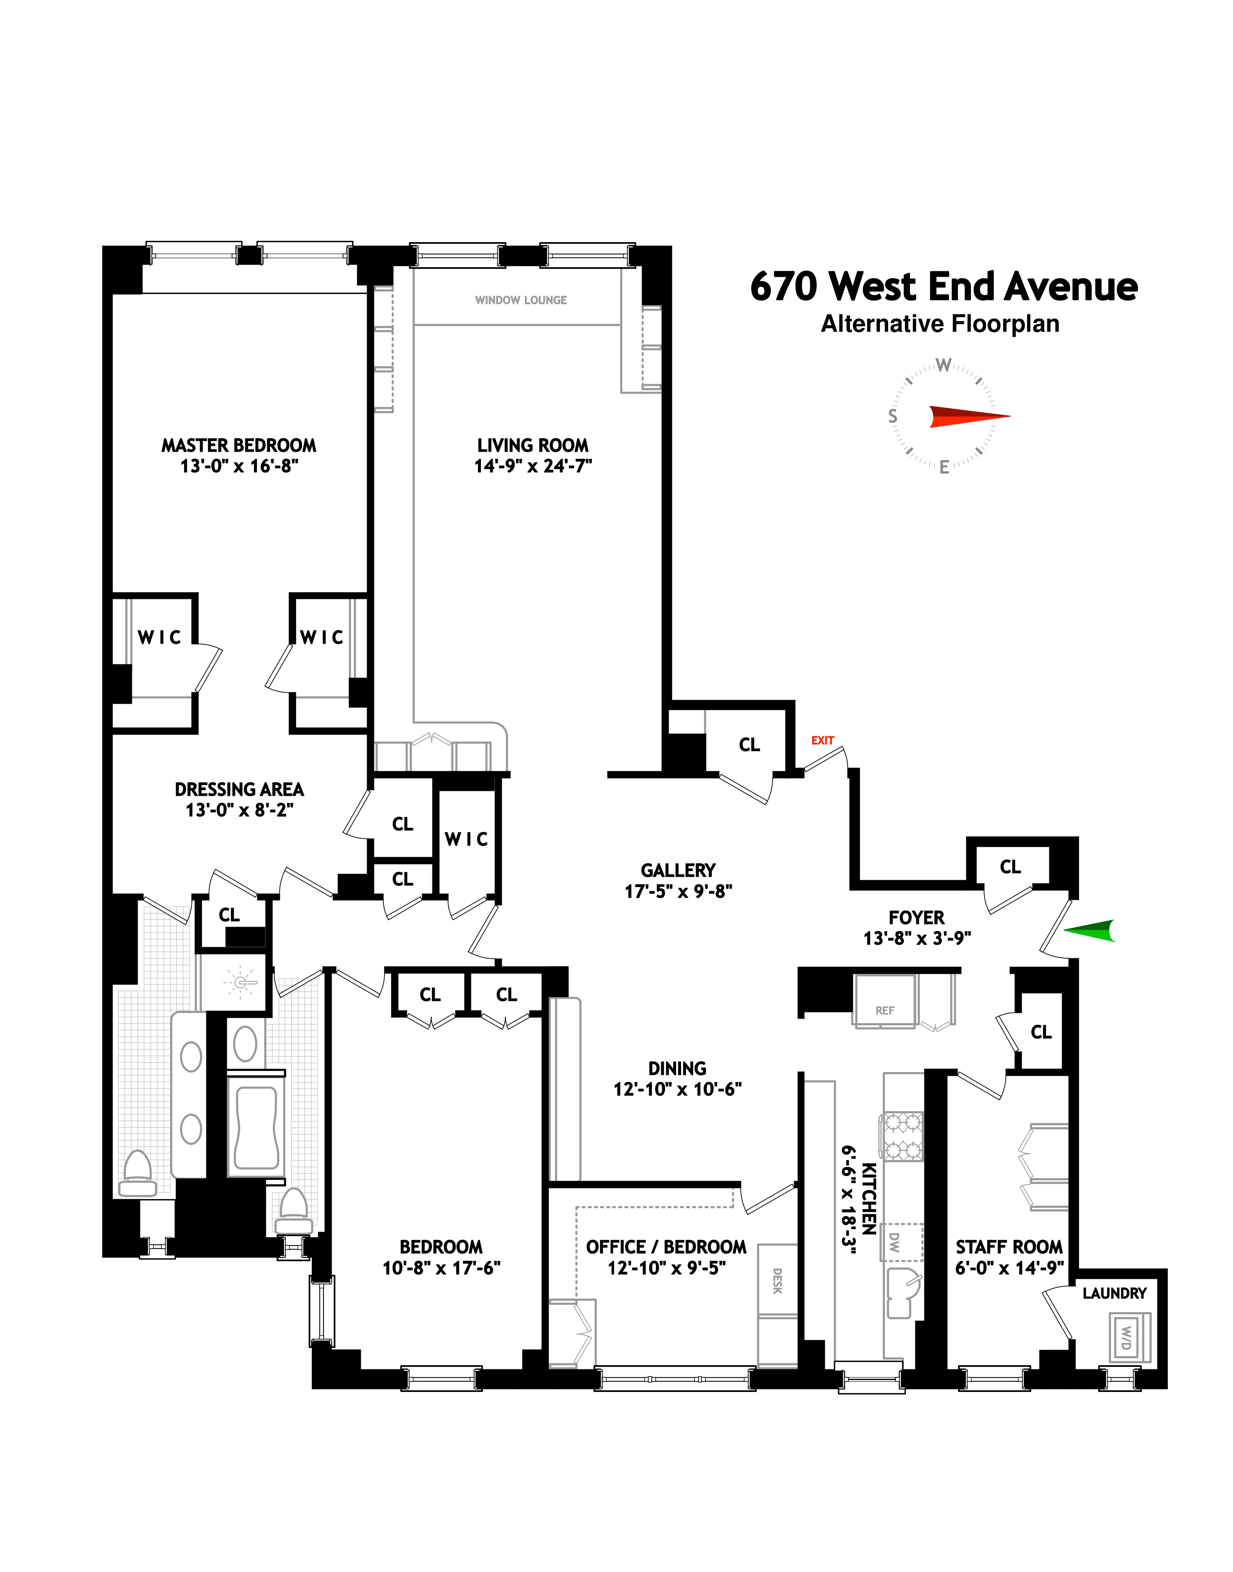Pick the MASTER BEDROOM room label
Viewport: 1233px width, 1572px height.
tap(238, 446)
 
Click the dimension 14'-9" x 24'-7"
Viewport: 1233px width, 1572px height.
tap(533, 467)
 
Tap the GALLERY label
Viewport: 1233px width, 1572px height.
tap(678, 870)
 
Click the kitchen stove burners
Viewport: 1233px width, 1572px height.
tap(901, 1137)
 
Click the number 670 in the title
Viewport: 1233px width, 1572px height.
tap(784, 287)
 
